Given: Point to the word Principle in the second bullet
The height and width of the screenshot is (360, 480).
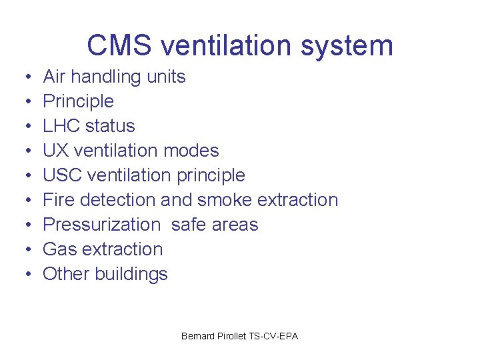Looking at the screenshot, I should [78, 101].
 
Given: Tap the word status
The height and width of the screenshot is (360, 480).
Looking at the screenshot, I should [109, 126].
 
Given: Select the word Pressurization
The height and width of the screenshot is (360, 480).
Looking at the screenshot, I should [101, 225].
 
